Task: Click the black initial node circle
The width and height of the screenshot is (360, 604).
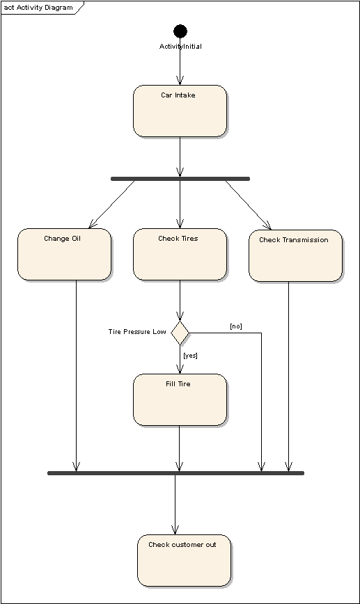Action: (180, 31)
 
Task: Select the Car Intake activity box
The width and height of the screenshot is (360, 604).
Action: (180, 111)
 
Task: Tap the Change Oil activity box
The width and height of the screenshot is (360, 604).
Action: (64, 254)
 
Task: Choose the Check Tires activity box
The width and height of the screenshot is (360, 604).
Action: (180, 254)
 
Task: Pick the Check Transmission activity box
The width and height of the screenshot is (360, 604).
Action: (295, 256)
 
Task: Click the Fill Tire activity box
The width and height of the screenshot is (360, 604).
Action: (180, 399)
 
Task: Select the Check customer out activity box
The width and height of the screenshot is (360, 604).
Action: (184, 560)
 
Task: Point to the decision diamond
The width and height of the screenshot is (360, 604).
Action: (180, 333)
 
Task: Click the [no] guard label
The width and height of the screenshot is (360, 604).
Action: (236, 326)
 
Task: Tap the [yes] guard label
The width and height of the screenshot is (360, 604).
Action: (190, 355)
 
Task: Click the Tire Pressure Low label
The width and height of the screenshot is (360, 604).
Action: (137, 332)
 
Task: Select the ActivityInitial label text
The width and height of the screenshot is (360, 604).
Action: (180, 46)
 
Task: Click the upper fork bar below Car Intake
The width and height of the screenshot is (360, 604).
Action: (180, 179)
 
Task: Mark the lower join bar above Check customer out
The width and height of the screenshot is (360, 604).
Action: (175, 473)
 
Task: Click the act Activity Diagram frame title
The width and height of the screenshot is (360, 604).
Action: (38, 8)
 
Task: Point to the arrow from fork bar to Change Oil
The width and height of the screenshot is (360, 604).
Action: (112, 204)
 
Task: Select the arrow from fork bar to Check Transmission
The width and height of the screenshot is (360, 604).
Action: (248, 205)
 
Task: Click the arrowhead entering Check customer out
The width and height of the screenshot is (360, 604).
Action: (175, 530)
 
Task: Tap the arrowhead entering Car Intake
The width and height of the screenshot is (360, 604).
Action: (180, 81)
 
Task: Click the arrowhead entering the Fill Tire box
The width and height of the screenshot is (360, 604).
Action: (180, 369)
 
